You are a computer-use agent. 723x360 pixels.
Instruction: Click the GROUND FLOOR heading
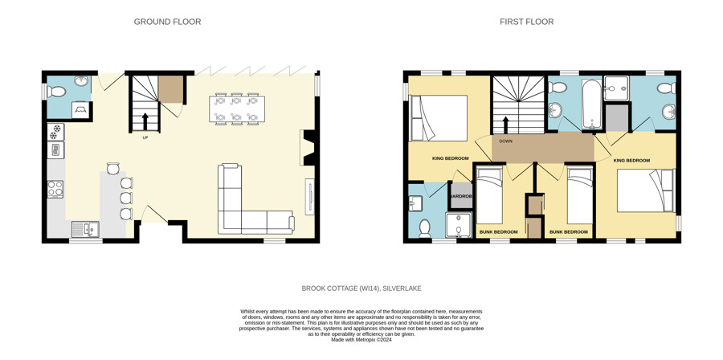coord(167,22)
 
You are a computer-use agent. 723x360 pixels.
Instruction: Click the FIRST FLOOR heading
coord(526,22)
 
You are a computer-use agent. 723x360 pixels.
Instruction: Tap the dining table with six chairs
coord(236,109)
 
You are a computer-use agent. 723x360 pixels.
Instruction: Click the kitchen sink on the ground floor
coord(85,229)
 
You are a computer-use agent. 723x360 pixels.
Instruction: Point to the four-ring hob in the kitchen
coord(55,189)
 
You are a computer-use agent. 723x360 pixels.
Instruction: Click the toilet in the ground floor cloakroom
coord(55,92)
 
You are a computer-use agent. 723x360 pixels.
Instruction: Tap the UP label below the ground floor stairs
coord(145,137)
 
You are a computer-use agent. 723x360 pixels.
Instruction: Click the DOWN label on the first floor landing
coord(506,141)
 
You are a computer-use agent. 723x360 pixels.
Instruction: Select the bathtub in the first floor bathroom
coord(590,104)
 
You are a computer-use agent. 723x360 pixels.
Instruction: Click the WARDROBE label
coord(459,196)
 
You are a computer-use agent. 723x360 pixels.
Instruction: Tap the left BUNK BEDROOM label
coord(498,232)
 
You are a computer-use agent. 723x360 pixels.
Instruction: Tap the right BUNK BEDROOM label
coord(569,232)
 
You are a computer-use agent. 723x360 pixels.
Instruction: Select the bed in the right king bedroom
coord(646,190)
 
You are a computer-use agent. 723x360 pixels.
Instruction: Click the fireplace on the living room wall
coord(308,148)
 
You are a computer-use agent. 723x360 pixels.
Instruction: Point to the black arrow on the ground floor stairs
coord(145,121)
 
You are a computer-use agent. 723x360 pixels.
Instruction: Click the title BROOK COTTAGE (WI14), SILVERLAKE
coord(361,288)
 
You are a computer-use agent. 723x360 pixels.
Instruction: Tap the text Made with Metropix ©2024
coord(361,340)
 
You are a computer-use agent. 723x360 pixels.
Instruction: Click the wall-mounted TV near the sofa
coord(310,196)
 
